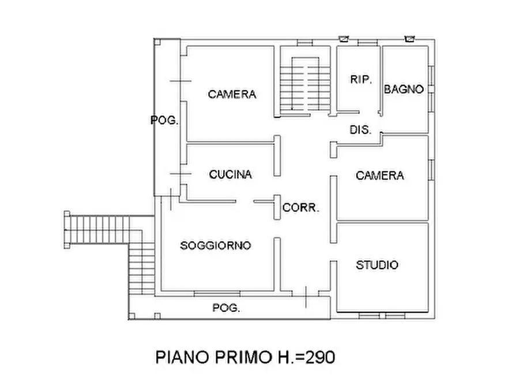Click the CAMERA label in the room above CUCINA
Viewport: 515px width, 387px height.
[x=232, y=94]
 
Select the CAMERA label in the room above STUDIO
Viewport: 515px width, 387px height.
[x=379, y=175]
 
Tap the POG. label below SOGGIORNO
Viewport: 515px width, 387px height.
[x=226, y=308]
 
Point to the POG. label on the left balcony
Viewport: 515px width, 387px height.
[x=164, y=120]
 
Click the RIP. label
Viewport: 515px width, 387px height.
[x=362, y=80]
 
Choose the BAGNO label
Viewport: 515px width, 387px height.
[x=404, y=89]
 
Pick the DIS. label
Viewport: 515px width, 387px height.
[x=360, y=130]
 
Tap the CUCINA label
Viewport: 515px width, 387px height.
[x=230, y=174]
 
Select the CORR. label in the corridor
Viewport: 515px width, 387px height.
[x=300, y=208]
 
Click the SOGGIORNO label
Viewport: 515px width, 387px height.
[x=216, y=245]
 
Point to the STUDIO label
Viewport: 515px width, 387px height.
[x=377, y=265]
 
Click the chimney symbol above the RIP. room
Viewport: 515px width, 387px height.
[x=343, y=39]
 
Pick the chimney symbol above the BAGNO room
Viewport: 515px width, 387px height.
[x=410, y=39]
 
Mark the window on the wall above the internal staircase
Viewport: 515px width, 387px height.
[x=305, y=43]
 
